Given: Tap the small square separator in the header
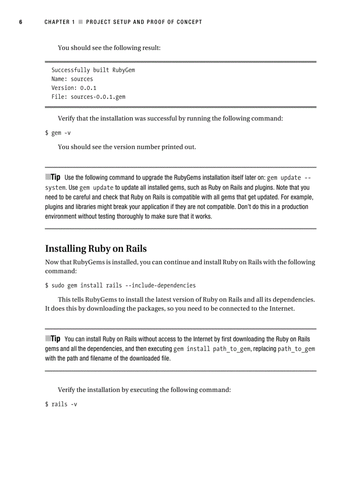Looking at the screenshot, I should (x=80, y=22).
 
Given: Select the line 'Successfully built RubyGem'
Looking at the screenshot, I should (x=93, y=70).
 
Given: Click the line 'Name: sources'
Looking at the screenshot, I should (x=72, y=79).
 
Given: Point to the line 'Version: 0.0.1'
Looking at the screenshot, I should (x=74, y=88).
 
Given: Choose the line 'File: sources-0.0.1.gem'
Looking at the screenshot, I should (x=88, y=97).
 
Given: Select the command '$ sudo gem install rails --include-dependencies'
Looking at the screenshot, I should (x=120, y=285).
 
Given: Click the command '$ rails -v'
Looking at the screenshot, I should (x=61, y=404).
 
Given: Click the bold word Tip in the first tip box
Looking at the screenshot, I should (x=55, y=177).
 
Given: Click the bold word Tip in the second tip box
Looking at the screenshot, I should (x=55, y=339).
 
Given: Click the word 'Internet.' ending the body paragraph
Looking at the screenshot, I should (x=281, y=309).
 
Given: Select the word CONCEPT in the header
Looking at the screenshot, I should (x=189, y=22).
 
